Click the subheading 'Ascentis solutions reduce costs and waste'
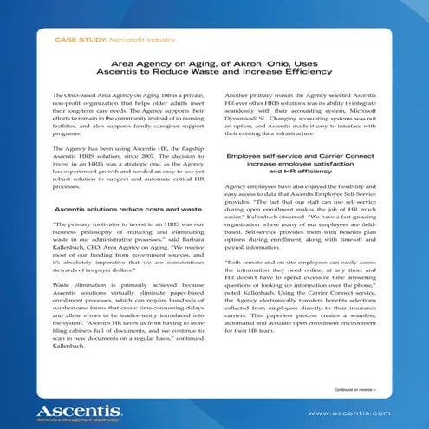click(x=127, y=210)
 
